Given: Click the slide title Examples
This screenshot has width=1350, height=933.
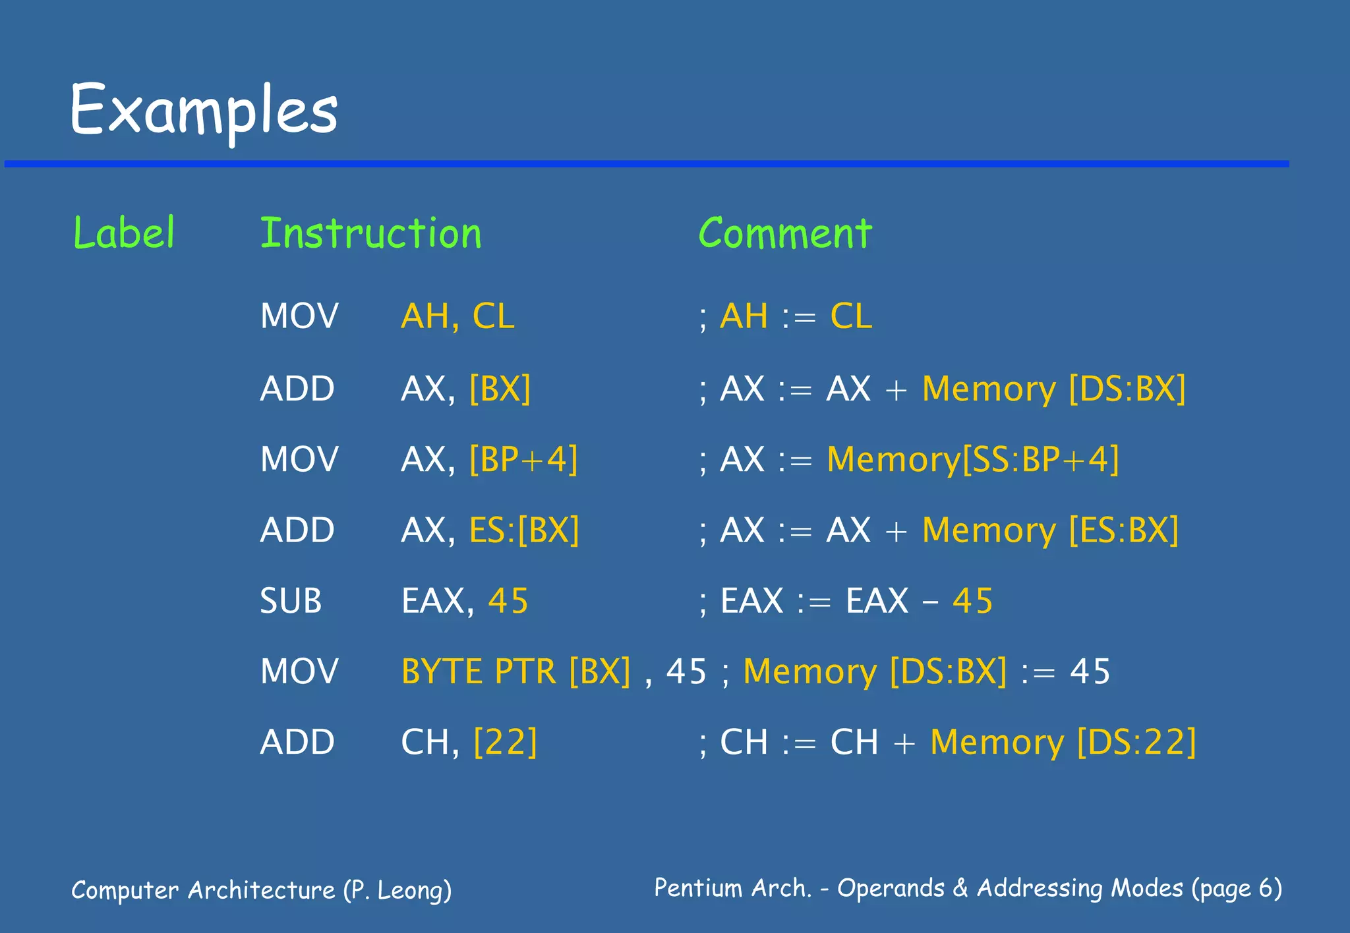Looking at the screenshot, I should pos(204,110).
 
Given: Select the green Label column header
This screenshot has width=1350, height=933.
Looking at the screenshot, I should pos(124,233).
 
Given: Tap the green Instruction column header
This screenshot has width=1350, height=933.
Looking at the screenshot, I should pos(370,233).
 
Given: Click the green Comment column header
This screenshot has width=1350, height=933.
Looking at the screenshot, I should pos(785,233).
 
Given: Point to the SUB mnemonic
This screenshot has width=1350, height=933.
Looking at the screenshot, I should pos(291,601).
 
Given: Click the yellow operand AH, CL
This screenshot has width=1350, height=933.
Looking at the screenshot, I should pos(457,316).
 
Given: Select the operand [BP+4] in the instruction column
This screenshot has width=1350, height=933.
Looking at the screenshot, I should pos(523,459).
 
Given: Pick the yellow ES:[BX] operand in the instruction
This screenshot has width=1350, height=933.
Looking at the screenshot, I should pos(524,530).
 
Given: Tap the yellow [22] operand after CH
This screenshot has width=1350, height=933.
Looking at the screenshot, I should pos(506,743).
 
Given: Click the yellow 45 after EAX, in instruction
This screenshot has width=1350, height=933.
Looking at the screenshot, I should pos(508,601).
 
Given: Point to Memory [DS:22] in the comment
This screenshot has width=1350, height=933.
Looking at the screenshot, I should pos(1063,743).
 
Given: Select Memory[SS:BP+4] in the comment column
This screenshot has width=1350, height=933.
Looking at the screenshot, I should pos(973,459).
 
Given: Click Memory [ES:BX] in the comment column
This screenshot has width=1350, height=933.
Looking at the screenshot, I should pos(1050,530).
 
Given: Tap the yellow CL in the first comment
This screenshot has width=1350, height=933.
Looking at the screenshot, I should pos(851,316).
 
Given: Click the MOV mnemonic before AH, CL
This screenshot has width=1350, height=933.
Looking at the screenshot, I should pos(299,316).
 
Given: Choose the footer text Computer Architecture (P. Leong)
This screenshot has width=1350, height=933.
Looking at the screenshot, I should pos(261,890).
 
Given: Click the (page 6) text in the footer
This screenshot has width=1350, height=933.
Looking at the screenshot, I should pos(1237,888).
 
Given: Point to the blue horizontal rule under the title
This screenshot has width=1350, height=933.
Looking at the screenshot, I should pos(646,163).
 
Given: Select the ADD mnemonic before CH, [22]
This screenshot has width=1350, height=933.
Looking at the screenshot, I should pos(297,743).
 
